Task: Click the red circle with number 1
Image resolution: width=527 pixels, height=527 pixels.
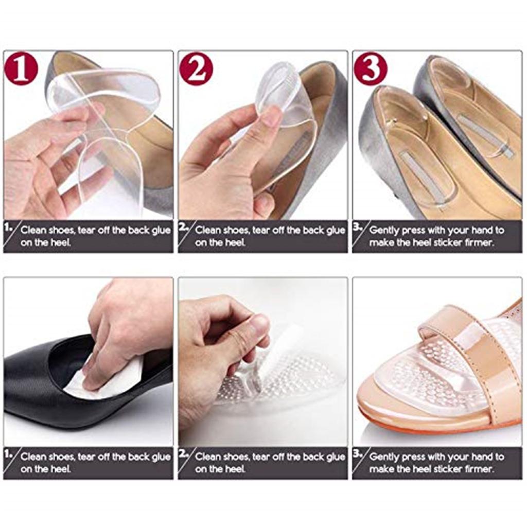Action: tap(21, 68)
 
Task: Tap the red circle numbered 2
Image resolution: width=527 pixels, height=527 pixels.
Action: tap(196, 68)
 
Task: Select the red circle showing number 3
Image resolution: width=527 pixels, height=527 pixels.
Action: tap(370, 68)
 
